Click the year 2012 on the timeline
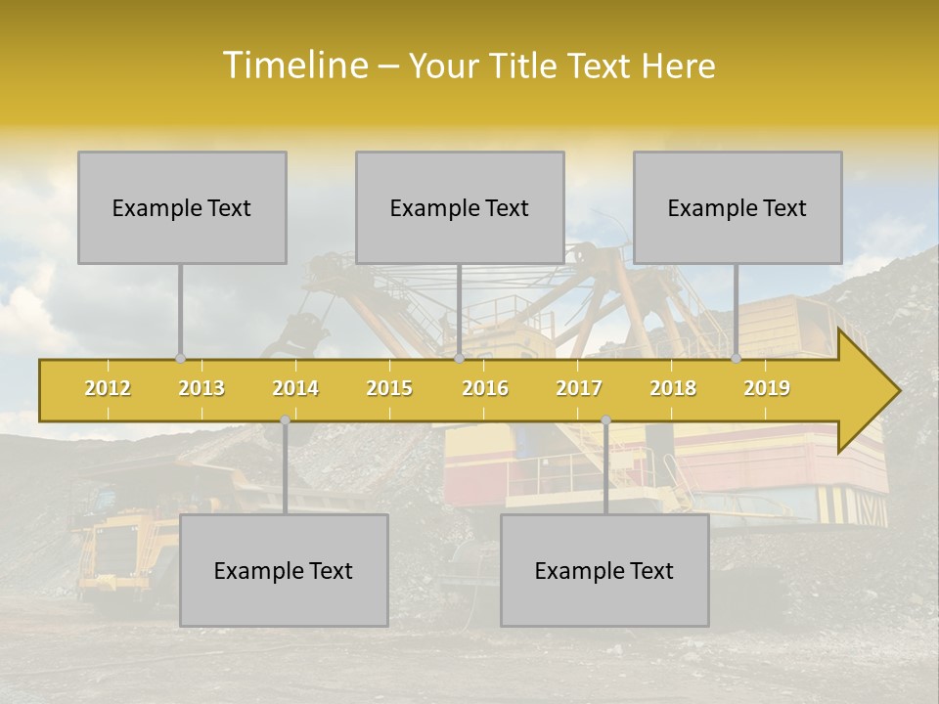click(x=108, y=388)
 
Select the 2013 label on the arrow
click(x=201, y=388)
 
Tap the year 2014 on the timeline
click(x=295, y=388)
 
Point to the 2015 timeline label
click(x=389, y=388)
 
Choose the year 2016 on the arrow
click(x=485, y=388)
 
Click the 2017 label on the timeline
click(x=579, y=388)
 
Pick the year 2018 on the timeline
click(x=673, y=388)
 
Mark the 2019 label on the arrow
click(x=767, y=388)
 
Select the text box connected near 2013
click(x=182, y=207)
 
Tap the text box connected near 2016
click(x=460, y=207)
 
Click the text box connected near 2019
click(x=738, y=207)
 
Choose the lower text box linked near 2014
click(x=284, y=570)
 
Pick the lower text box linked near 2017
click(x=604, y=570)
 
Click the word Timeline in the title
click(x=293, y=66)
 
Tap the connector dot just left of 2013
click(x=180, y=359)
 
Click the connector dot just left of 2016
click(x=459, y=359)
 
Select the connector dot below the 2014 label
click(x=285, y=420)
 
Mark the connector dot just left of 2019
click(x=737, y=359)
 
